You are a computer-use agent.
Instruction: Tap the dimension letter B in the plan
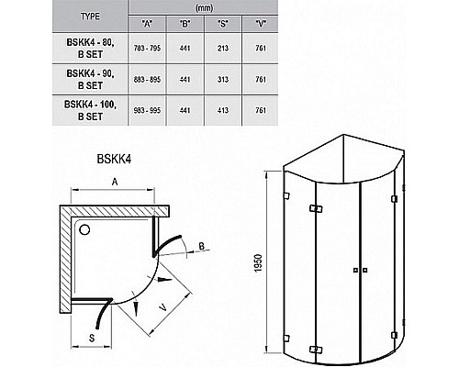(202, 245)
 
